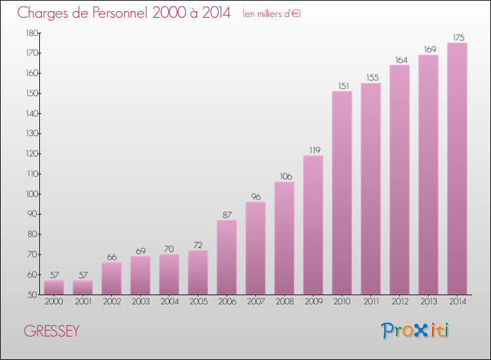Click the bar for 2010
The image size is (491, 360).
tap(342, 193)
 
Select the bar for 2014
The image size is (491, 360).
tap(457, 169)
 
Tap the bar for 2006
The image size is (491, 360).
tap(227, 257)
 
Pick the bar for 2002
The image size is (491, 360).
tap(111, 278)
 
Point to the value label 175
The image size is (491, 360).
tap(457, 37)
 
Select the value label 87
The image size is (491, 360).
tap(227, 215)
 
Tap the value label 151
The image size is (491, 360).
tap(342, 86)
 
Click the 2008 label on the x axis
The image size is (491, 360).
tap(284, 302)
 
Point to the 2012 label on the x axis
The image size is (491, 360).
tap(399, 302)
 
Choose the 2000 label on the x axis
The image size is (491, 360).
tap(54, 302)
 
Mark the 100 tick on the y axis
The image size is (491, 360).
tap(31, 194)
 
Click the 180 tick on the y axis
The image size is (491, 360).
tap(31, 33)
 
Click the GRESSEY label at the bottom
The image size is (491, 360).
tap(52, 331)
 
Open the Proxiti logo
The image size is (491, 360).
tap(415, 331)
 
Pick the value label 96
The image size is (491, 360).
tap(255, 196)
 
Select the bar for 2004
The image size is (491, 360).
tap(169, 274)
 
